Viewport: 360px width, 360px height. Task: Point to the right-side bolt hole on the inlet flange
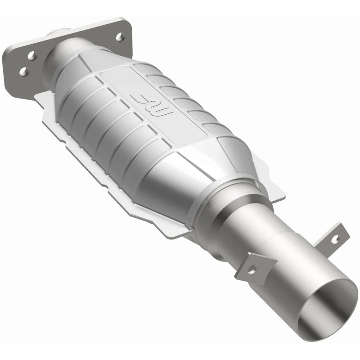[120, 37]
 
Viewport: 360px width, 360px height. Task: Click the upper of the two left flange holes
[31, 55]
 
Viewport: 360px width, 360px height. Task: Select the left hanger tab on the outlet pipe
[255, 267]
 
